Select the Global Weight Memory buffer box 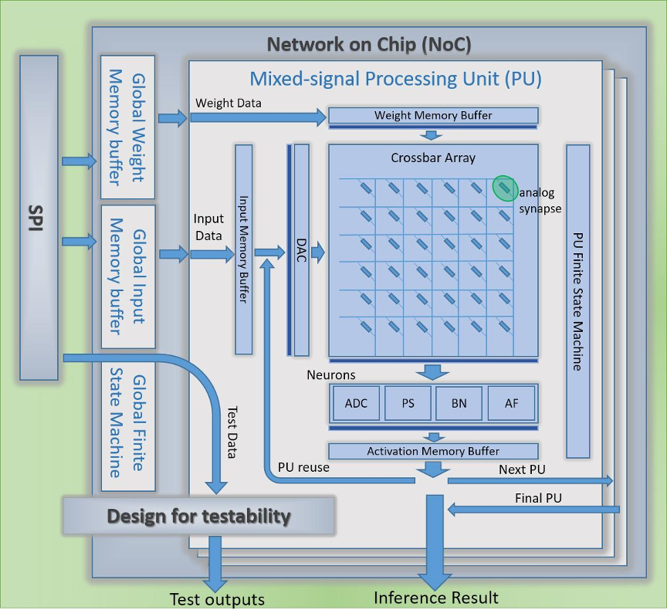(x=128, y=127)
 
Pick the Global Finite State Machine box (x=128, y=425)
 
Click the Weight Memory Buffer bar (x=433, y=116)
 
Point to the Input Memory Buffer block (x=243, y=249)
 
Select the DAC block (x=301, y=249)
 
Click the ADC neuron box (x=356, y=403)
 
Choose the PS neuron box (x=408, y=403)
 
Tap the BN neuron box (x=459, y=403)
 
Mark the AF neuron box (x=511, y=403)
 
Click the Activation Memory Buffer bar (x=433, y=451)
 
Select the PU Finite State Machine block (x=577, y=301)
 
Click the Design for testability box (x=198, y=516)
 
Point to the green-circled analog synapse (x=505, y=188)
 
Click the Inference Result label (x=436, y=598)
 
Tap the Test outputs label (x=217, y=599)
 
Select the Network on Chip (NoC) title (x=369, y=44)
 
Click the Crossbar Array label (x=433, y=158)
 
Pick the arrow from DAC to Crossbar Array (x=317, y=252)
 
